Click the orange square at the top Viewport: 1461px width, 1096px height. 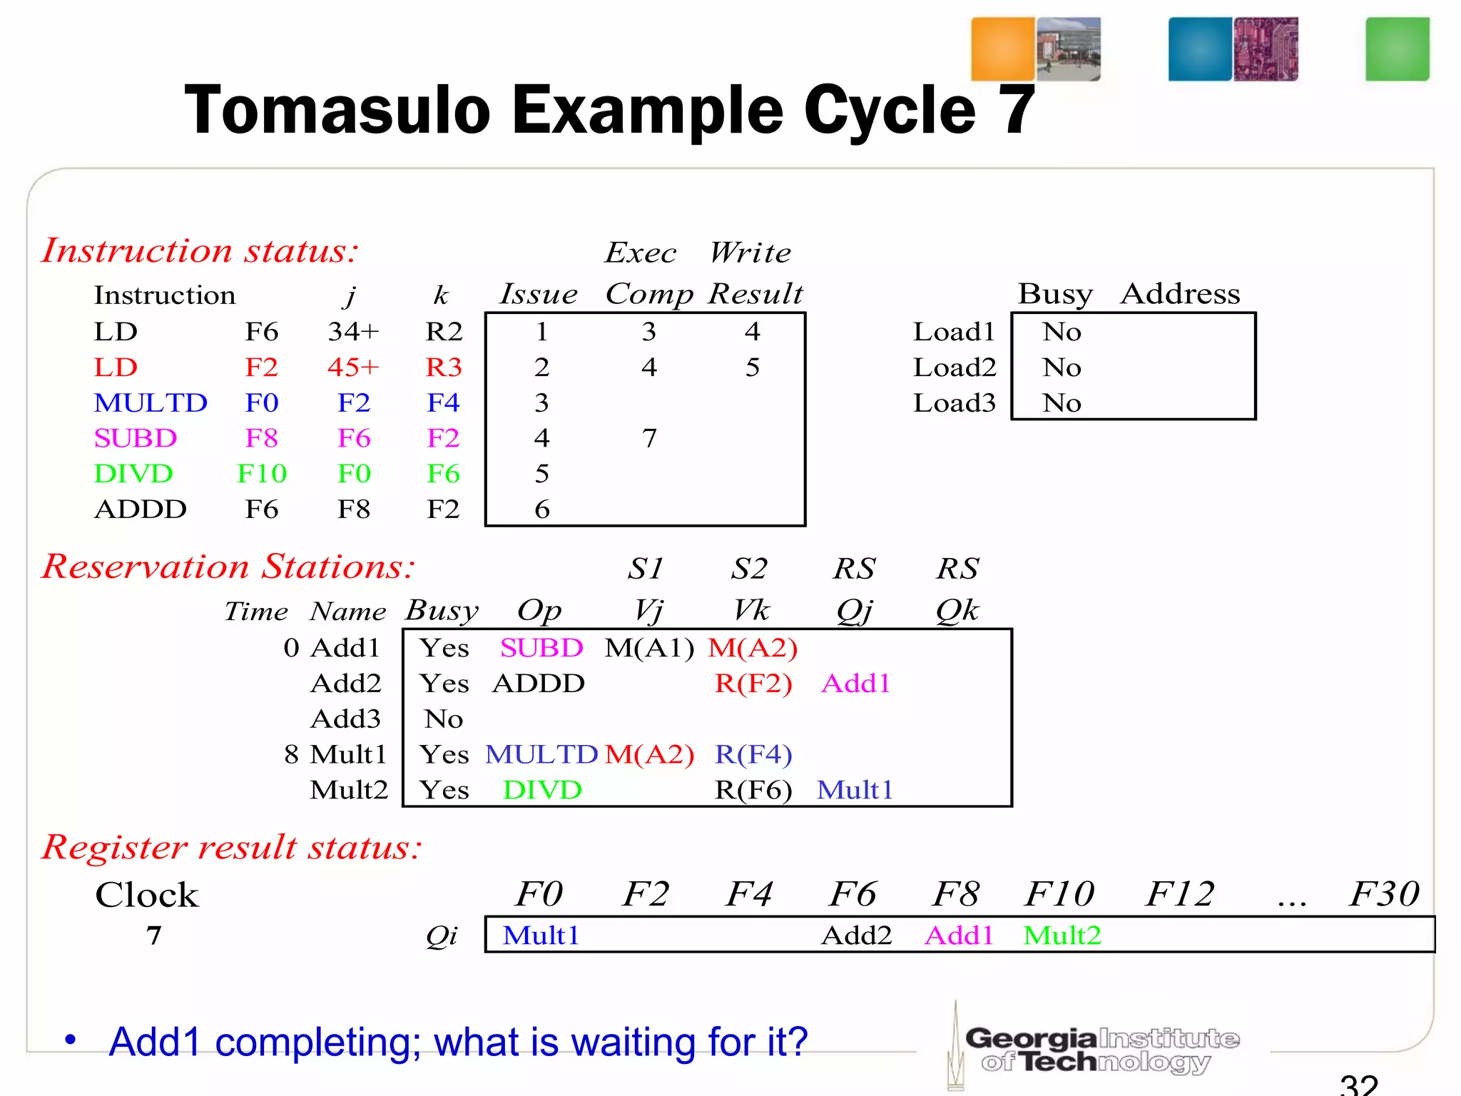click(1002, 49)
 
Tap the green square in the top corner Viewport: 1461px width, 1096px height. click(1397, 49)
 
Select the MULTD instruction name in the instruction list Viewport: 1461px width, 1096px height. click(151, 403)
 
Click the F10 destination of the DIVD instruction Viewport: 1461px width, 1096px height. click(262, 474)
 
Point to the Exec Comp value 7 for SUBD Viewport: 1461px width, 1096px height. click(648, 438)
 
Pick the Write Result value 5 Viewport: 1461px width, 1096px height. click(753, 367)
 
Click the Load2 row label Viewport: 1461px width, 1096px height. click(954, 367)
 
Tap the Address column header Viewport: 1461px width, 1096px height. click(1180, 294)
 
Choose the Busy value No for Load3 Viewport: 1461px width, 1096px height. click(1062, 403)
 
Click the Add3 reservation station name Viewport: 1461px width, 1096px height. click(346, 719)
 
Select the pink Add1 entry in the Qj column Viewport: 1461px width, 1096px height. click(856, 684)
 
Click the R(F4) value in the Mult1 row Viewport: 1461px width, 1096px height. click(753, 754)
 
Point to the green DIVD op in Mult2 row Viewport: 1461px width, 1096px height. click(542, 790)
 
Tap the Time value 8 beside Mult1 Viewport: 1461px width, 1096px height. click(291, 754)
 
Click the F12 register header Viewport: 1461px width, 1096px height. click(1180, 894)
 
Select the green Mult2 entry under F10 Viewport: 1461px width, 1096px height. click(1062, 935)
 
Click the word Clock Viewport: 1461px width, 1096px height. click(147, 895)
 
